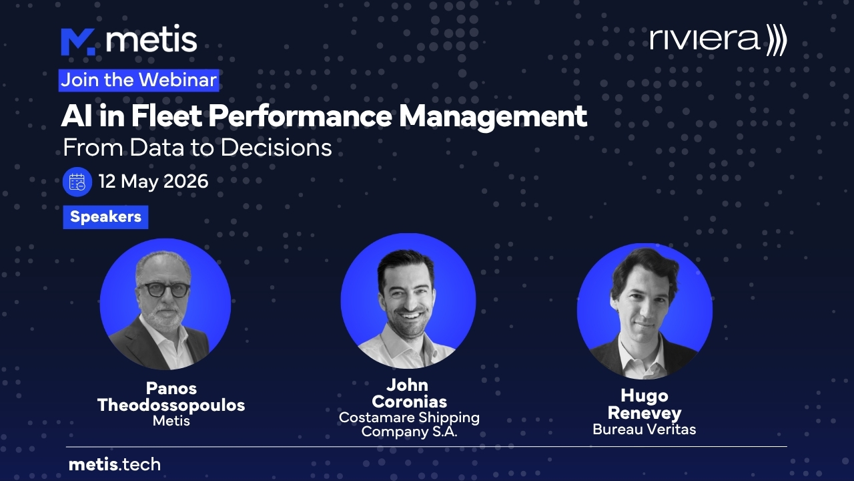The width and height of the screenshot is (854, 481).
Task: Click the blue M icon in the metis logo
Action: tap(78, 42)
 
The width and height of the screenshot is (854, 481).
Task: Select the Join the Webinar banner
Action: tap(139, 80)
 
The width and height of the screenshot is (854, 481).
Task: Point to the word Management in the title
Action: tap(492, 117)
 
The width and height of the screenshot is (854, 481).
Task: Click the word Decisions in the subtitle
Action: tap(276, 148)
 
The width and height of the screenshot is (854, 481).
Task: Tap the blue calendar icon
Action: tap(77, 182)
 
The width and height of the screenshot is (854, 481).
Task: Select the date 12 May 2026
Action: tap(153, 181)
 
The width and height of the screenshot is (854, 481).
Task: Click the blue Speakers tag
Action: tap(105, 217)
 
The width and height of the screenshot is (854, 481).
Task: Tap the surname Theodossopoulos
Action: tap(171, 405)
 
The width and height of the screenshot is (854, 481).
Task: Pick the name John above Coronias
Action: tap(407, 385)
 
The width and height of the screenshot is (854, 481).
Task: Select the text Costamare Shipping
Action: tap(409, 418)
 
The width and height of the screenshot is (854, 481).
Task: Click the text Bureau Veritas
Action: tap(645, 430)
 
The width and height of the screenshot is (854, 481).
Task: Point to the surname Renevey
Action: tap(645, 413)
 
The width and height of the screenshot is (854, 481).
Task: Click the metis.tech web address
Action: tap(115, 464)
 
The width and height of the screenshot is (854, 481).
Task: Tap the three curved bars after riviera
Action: tap(776, 39)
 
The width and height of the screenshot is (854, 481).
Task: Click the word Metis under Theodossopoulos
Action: tap(171, 421)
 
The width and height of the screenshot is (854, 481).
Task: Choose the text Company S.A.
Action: tap(409, 432)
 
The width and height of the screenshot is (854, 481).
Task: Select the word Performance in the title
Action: tap(300, 116)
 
